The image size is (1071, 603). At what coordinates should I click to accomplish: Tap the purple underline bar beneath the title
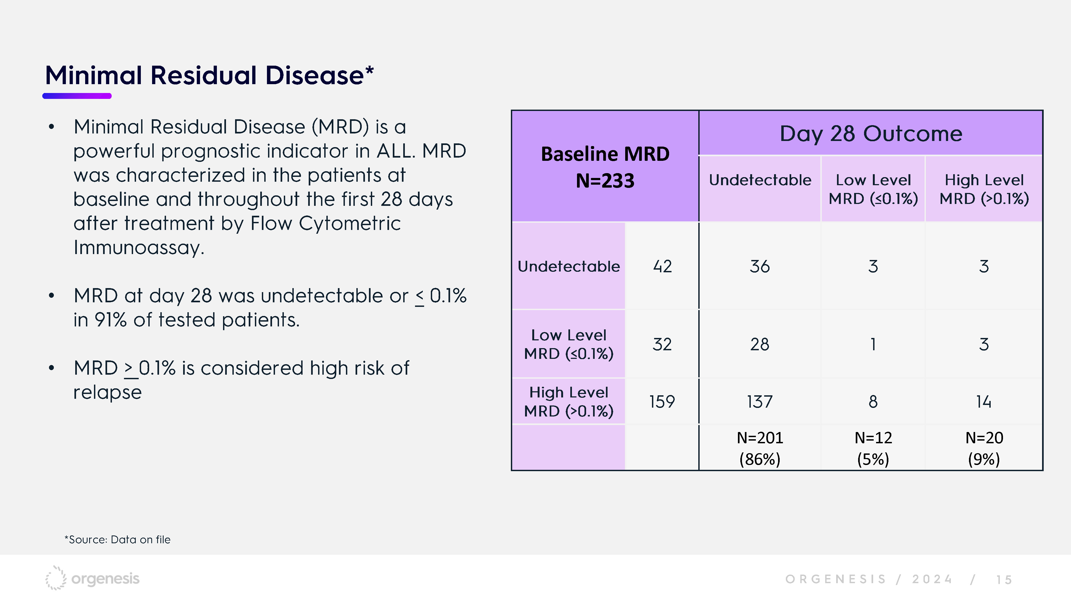pos(77,96)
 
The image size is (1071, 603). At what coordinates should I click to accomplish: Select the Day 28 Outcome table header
pos(871,133)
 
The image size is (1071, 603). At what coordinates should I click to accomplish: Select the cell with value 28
pos(760,344)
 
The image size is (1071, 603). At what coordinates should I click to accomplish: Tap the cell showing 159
pos(662,401)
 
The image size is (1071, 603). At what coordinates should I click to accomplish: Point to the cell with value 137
pos(760,401)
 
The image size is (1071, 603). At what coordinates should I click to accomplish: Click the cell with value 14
pos(984,401)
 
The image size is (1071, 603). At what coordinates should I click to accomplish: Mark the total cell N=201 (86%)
pos(760,448)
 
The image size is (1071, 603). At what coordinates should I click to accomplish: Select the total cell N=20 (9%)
pos(984,448)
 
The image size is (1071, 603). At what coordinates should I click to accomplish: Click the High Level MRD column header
pos(984,189)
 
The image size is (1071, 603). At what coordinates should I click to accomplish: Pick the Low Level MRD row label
pos(568,344)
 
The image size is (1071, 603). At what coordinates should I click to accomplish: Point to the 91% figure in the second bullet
pos(111,320)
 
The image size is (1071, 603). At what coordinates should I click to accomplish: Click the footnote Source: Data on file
pos(117,540)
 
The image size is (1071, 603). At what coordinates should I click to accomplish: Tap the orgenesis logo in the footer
pos(92,578)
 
